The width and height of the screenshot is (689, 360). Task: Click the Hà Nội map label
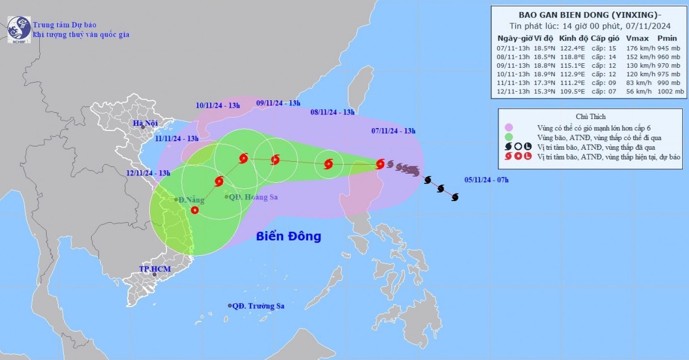point(145,123)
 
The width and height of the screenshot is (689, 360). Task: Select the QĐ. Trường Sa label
point(260,306)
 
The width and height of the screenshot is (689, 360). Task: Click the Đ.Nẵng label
point(191,200)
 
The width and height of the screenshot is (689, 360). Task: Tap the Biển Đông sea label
point(288,236)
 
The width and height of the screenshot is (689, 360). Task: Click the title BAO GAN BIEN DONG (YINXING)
point(587,15)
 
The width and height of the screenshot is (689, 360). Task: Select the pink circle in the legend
point(508,127)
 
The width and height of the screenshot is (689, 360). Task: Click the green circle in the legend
point(508,137)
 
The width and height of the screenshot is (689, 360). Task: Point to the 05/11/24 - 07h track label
point(486,180)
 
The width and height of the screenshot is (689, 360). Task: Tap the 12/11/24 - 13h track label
point(149,173)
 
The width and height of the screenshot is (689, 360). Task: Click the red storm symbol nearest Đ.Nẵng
point(195,210)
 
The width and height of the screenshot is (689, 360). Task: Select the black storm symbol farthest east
point(454,197)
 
